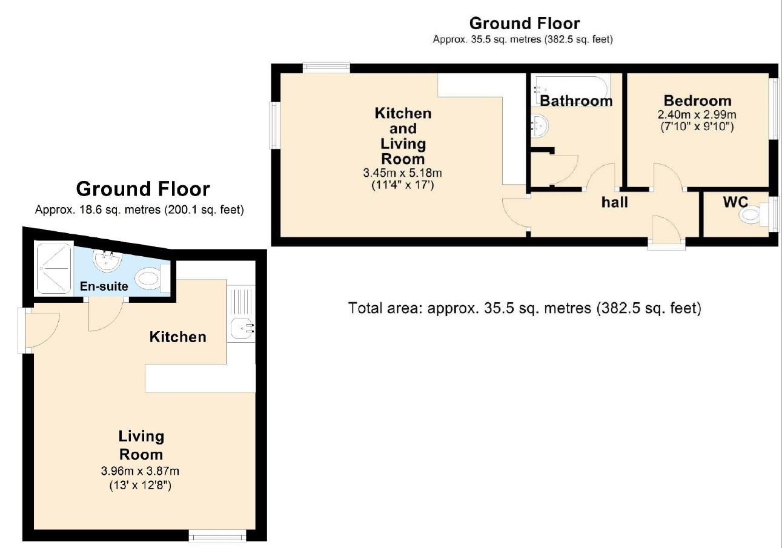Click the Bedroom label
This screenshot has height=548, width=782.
[x=697, y=101]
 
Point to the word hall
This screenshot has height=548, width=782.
[x=614, y=202]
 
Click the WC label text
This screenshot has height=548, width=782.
[x=735, y=202]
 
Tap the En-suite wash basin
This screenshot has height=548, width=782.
[x=108, y=261]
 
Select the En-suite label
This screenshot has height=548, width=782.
[x=105, y=286]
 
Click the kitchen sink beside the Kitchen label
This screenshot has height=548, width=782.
[x=242, y=329]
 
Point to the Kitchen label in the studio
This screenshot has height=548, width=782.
[x=178, y=337]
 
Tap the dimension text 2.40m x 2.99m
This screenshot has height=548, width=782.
[x=697, y=114]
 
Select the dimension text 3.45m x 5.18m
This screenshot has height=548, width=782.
[x=403, y=173]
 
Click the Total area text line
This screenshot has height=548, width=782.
[x=525, y=308]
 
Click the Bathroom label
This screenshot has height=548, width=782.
[x=576, y=101]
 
